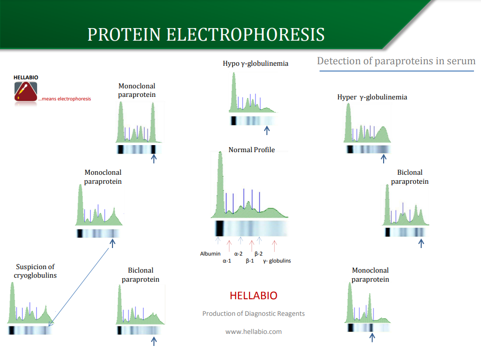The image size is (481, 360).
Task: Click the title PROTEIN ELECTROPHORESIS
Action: [206, 34]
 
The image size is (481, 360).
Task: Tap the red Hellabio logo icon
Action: [26, 91]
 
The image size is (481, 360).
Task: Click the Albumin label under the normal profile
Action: [210, 254]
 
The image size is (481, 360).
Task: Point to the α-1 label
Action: [227, 261]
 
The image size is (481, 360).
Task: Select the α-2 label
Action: [238, 254]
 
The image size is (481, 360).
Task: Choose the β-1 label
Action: [250, 261]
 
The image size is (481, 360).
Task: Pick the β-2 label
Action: [259, 254]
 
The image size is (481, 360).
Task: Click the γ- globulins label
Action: [277, 261]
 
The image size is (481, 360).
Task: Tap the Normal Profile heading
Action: [252, 150]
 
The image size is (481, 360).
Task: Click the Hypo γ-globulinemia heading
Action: [256, 63]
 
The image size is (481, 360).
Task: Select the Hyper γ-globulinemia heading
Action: [372, 97]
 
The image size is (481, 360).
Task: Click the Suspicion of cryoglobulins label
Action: [35, 271]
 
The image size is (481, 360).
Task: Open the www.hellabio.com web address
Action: [254, 331]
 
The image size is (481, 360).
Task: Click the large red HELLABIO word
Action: [254, 296]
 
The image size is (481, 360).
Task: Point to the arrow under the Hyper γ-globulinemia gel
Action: [384, 159]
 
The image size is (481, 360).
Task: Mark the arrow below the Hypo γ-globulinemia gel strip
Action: [267, 131]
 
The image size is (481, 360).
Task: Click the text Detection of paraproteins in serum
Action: [396, 61]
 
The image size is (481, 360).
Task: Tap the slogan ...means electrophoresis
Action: [65, 99]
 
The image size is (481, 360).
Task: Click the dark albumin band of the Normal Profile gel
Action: [219, 228]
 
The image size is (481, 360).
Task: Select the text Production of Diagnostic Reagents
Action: [254, 314]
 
